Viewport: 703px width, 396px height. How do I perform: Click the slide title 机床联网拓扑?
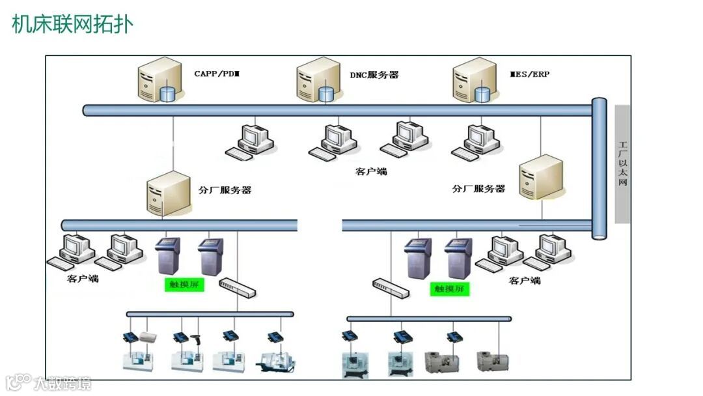[72, 24]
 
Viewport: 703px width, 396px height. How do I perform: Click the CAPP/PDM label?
[217, 74]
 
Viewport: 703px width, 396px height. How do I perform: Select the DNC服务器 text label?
[374, 75]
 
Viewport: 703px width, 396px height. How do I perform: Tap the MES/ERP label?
[529, 74]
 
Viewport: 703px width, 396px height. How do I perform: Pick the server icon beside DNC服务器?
[317, 81]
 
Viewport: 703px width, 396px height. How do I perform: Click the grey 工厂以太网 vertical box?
[622, 164]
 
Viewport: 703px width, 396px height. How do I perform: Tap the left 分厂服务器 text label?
[225, 190]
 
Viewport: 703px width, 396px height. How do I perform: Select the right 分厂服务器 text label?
[478, 188]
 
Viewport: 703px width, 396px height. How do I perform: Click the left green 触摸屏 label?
[184, 285]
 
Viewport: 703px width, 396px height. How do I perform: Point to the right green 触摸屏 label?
[450, 288]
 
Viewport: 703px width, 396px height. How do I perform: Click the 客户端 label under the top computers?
[371, 171]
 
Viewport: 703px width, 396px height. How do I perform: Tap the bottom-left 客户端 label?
[83, 278]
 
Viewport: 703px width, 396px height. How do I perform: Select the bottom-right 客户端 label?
[525, 280]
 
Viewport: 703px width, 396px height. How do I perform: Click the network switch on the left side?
[237, 287]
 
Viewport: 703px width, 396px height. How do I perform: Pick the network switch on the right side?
[390, 287]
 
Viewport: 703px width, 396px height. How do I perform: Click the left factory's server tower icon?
[163, 193]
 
